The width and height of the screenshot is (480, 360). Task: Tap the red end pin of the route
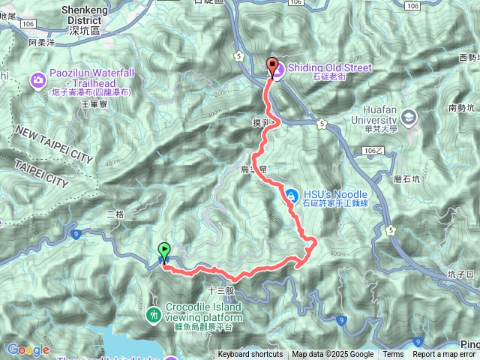271,67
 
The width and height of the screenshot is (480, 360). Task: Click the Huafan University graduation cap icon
409,116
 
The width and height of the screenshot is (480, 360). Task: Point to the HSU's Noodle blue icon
290,195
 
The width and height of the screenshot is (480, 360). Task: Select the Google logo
28,349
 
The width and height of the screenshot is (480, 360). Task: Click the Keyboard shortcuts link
250,355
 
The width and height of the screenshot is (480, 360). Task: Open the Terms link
393,355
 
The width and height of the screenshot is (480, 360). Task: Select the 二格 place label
115,214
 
